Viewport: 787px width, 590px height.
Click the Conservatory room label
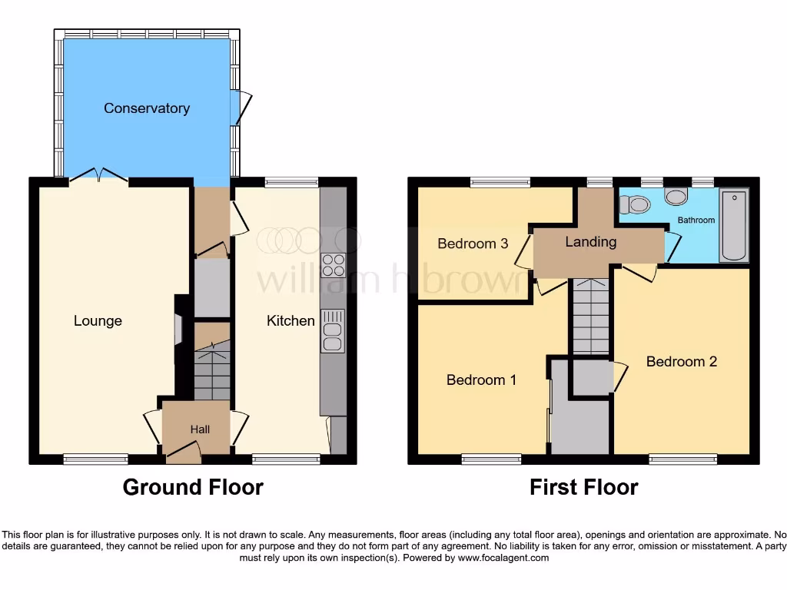click(147, 108)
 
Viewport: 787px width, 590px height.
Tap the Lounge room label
click(98, 321)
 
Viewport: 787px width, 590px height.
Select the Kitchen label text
click(291, 320)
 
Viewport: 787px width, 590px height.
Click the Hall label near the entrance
click(200, 429)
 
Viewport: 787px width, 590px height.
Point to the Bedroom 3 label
click(473, 244)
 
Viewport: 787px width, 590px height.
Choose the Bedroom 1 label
click(481, 380)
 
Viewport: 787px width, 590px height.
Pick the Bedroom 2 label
click(681, 361)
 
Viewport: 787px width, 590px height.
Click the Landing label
click(590, 242)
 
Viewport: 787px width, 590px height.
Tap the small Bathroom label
click(696, 220)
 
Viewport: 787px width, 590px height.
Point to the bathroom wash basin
click(676, 197)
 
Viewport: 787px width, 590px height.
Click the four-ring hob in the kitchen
click(334, 265)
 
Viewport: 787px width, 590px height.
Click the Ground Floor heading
click(193, 487)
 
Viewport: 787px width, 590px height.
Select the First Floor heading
click(583, 487)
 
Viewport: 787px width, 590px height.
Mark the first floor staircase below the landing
click(589, 315)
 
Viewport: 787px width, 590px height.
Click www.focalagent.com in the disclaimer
click(504, 558)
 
